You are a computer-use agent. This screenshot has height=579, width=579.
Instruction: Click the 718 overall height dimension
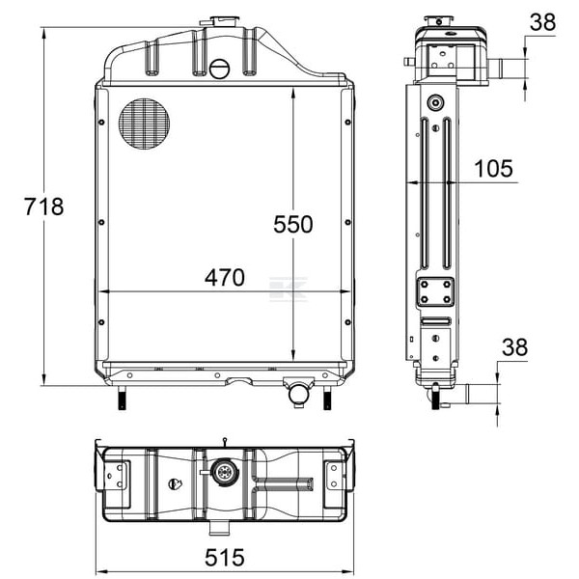tap(44, 207)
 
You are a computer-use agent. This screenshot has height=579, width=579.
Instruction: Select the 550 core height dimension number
tap(292, 224)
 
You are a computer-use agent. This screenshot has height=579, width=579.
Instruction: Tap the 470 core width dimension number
tap(225, 278)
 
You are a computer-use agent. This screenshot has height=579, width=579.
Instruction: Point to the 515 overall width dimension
tap(225, 557)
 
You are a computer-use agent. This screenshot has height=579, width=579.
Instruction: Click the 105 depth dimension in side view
tap(493, 169)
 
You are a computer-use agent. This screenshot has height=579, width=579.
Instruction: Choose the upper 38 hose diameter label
tap(542, 22)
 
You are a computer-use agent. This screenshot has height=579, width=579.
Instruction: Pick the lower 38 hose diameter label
tap(514, 347)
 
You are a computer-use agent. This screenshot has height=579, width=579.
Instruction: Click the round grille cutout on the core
tap(144, 124)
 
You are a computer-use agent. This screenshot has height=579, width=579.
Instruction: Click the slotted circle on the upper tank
tap(220, 69)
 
